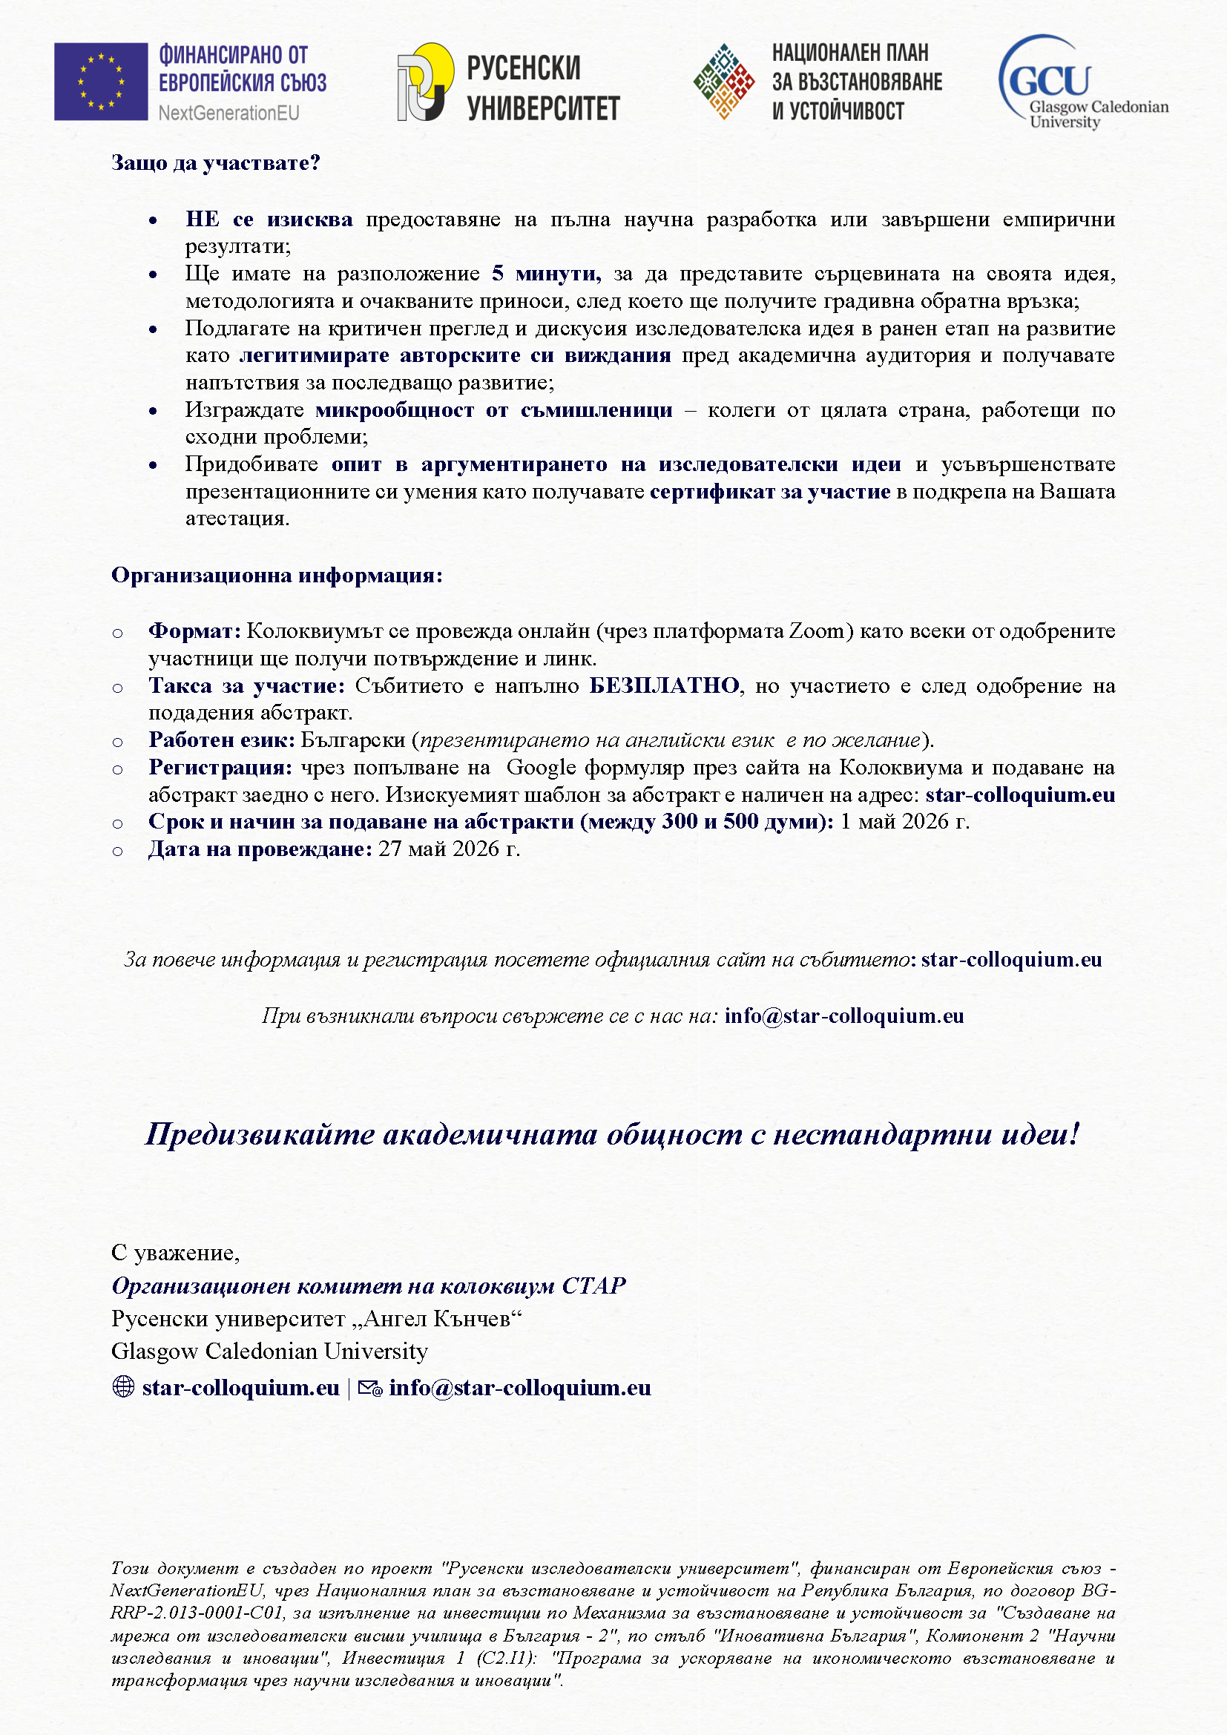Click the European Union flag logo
pyautogui.click(x=100, y=82)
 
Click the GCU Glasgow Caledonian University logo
pyautogui.click(x=1082, y=82)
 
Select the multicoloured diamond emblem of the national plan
pyautogui.click(x=724, y=82)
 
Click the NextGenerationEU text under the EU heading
pyautogui.click(x=228, y=113)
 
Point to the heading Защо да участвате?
pyautogui.click(x=215, y=163)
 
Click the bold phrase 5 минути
pyautogui.click(x=545, y=274)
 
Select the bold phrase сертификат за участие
pyautogui.click(x=769, y=491)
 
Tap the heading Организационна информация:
pyautogui.click(x=277, y=575)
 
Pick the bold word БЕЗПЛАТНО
pyautogui.click(x=663, y=685)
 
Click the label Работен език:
pyautogui.click(x=221, y=740)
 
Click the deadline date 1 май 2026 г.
pyautogui.click(x=904, y=821)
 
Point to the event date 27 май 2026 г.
pyautogui.click(x=449, y=849)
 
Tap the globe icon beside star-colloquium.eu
pyautogui.click(x=123, y=1386)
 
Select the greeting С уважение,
pyautogui.click(x=175, y=1252)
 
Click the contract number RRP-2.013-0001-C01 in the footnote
pyautogui.click(x=198, y=1613)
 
